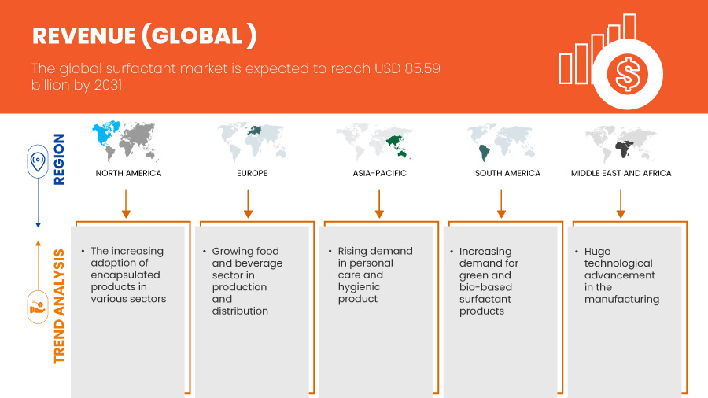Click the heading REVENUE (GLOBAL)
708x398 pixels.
click(145, 35)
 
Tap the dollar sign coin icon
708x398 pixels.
click(627, 74)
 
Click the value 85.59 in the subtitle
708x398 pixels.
click(422, 68)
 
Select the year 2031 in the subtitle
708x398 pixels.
click(108, 85)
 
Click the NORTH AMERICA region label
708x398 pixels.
click(128, 173)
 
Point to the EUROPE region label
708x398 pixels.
click(252, 173)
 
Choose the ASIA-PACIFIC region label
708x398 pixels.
click(379, 173)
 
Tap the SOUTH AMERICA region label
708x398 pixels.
click(507, 173)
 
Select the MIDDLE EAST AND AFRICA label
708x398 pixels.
click(621, 173)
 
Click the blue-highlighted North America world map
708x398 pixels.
click(126, 141)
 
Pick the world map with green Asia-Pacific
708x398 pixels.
click(374, 142)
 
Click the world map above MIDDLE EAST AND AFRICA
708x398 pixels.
click(621, 143)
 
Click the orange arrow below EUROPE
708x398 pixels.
click(248, 204)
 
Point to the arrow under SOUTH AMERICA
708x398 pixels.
click(501, 204)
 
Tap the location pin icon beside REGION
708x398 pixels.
click(38, 161)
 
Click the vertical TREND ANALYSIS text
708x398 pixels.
click(59, 307)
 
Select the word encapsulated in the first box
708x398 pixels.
click(125, 275)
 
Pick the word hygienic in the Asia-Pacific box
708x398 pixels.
click(359, 287)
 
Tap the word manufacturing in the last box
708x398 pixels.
click(621, 300)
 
